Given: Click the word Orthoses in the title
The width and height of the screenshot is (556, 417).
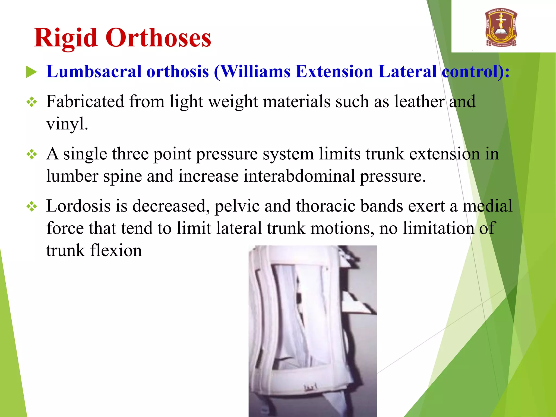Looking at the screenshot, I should [x=158, y=38].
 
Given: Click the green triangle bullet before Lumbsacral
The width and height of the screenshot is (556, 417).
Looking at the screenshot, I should [x=31, y=72].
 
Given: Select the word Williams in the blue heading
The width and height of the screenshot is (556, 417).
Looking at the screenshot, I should [x=256, y=72].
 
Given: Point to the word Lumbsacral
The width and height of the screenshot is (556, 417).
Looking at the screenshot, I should [x=94, y=72].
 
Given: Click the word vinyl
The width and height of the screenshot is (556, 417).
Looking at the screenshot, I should [x=67, y=124].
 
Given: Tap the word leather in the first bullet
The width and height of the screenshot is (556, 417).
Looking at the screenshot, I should [x=419, y=102].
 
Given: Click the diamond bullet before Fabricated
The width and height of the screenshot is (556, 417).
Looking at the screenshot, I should [x=32, y=102].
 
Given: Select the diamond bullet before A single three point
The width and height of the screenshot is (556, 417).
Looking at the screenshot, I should [x=32, y=154].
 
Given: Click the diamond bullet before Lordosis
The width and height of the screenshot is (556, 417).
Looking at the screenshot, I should [x=32, y=207].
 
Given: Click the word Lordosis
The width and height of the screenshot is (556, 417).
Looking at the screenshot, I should [x=78, y=206].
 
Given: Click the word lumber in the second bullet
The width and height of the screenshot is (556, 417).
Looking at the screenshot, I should [x=72, y=176].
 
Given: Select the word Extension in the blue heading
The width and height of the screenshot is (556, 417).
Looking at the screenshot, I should [x=334, y=72].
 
